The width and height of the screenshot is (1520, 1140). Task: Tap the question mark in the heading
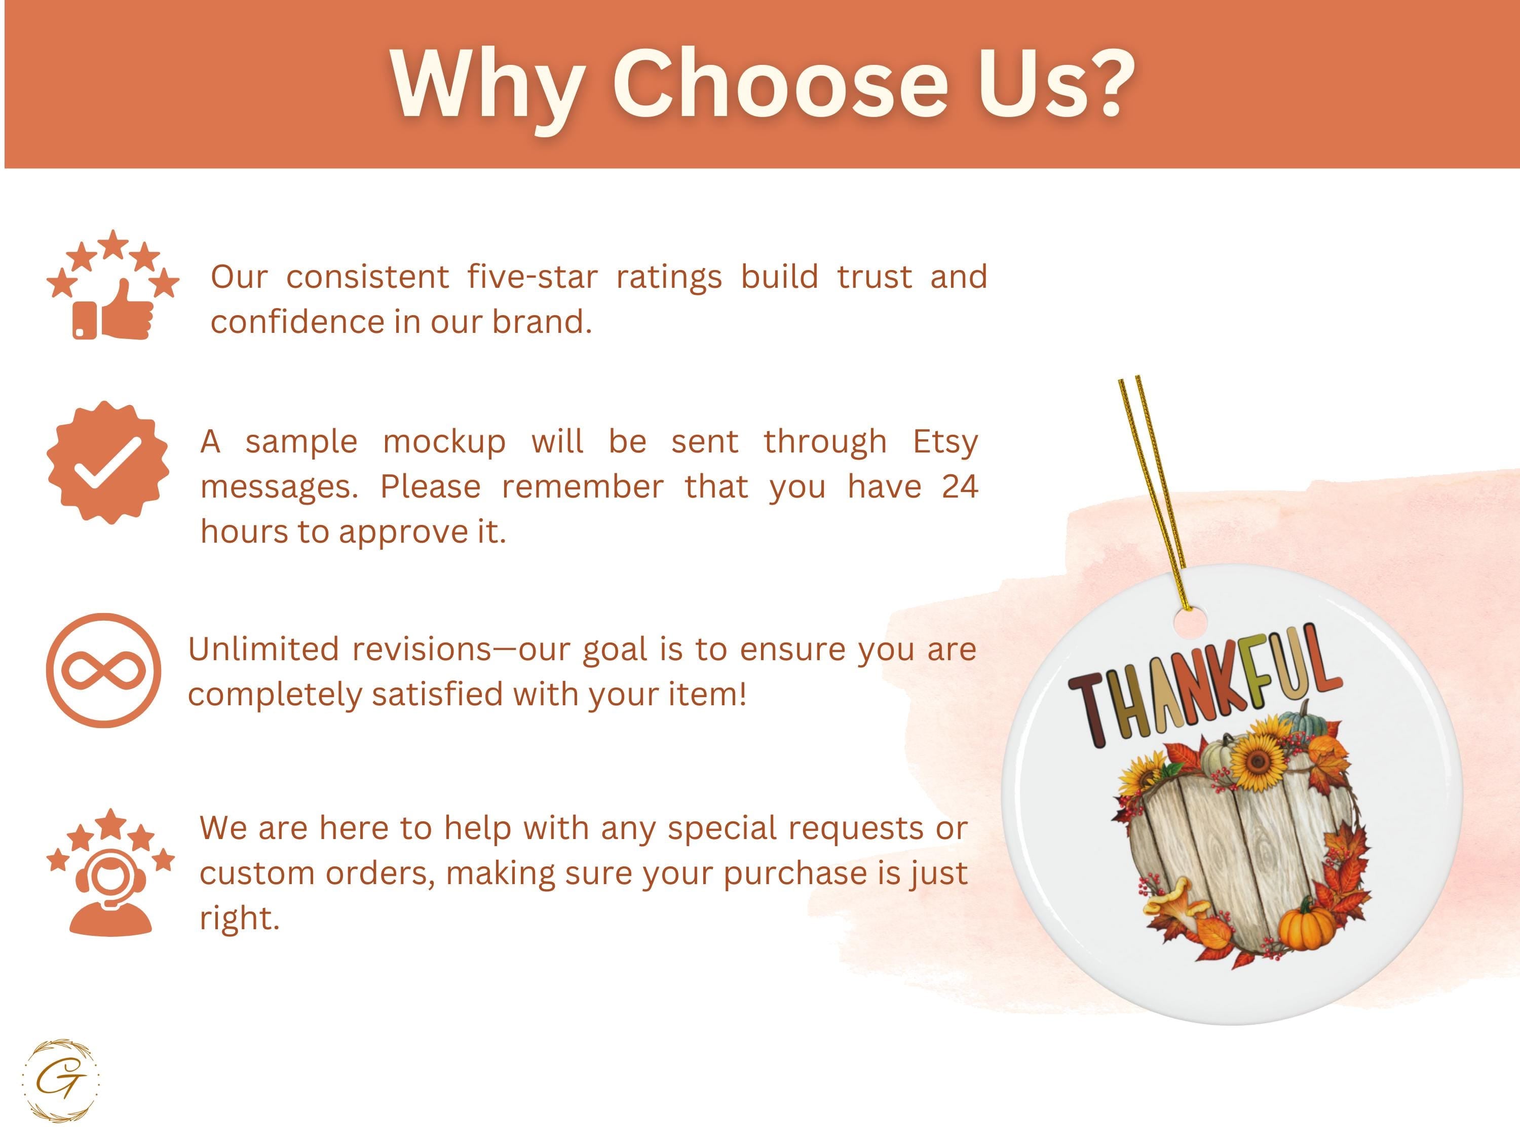[1107, 83]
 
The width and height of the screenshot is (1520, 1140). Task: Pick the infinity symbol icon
[104, 671]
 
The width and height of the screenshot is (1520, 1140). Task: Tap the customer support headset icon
[110, 871]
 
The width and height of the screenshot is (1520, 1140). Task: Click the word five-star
[533, 277]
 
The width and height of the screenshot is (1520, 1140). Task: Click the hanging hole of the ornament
[1190, 622]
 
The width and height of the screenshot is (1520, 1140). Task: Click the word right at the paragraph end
[239, 919]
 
